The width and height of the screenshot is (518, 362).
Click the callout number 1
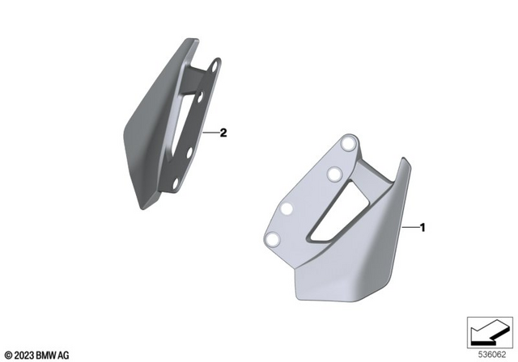pyautogui.click(x=422, y=228)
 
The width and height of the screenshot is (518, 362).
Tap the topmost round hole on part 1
pyautogui.click(x=349, y=143)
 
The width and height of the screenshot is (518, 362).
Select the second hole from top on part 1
pyautogui.click(x=332, y=173)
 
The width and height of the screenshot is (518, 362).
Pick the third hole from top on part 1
pyautogui.click(x=287, y=209)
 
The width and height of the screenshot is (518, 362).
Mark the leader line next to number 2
pyautogui.click(x=210, y=133)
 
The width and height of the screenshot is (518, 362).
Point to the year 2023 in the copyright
pyautogui.click(x=20, y=356)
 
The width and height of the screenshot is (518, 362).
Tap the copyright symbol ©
pyautogui.click(x=7, y=356)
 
